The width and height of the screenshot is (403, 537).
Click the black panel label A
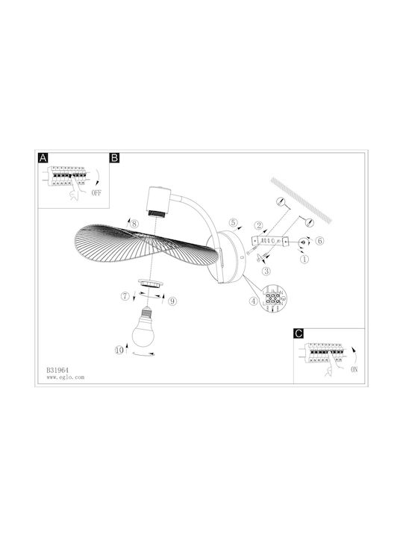[x=43, y=158]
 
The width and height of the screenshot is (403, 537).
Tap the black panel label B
[x=114, y=158]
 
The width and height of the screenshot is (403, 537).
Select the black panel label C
[x=299, y=333]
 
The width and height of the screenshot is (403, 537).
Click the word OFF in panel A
[x=96, y=193]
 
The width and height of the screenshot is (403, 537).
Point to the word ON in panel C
[x=354, y=369]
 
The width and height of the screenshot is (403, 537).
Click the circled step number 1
[x=304, y=259]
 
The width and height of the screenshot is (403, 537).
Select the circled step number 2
[x=259, y=225]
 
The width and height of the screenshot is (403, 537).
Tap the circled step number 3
[x=266, y=271]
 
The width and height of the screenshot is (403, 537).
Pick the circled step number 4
[x=253, y=301]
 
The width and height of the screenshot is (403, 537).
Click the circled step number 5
[x=233, y=222]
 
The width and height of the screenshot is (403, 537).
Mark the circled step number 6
[x=319, y=241]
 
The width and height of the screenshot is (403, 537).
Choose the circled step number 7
[x=125, y=296]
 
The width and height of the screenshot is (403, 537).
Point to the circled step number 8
[x=134, y=224]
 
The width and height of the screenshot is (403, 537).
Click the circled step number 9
[x=172, y=301]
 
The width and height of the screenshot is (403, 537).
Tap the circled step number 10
[x=119, y=351]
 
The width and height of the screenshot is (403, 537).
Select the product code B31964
[x=57, y=370]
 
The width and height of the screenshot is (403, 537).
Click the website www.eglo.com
[x=66, y=377]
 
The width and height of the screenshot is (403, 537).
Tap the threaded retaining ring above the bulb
[x=150, y=283]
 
